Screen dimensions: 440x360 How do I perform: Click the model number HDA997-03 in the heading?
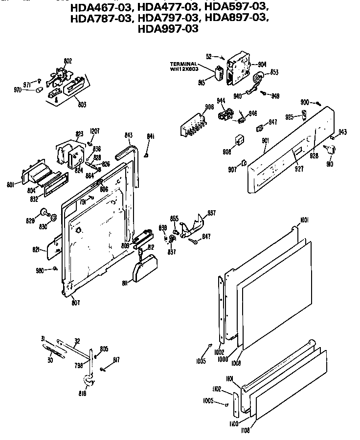point(169,29)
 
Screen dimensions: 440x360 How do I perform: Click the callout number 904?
point(262,64)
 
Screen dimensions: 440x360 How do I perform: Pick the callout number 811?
point(124,283)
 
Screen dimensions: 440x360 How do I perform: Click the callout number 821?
point(36,249)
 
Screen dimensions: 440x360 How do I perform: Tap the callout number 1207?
point(95,131)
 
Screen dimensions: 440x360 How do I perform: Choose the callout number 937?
point(211,213)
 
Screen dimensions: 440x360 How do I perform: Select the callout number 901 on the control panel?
point(265,141)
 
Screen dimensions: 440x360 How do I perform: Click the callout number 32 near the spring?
point(77,341)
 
